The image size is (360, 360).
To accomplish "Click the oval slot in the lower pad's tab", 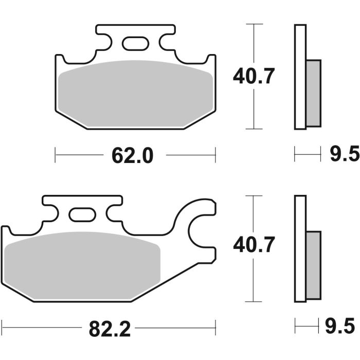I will pyautogui.click(x=82, y=214).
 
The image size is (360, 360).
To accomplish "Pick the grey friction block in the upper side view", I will pyautogui.click(x=313, y=93).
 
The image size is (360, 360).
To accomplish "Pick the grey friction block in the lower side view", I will pyautogui.click(x=313, y=265).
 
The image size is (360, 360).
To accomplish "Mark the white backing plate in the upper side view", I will pyautogui.click(x=300, y=77).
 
